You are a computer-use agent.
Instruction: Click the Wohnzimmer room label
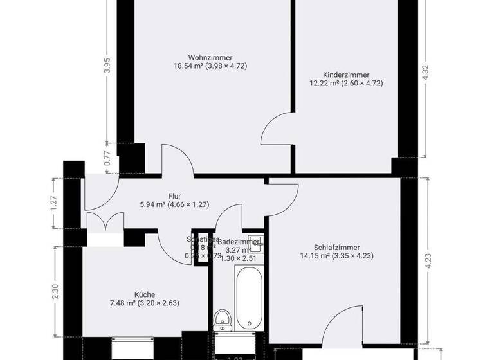pos(210,57)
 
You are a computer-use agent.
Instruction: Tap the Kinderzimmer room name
pos(346,74)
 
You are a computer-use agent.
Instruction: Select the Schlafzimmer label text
pos(336,247)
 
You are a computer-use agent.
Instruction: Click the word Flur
pos(174,197)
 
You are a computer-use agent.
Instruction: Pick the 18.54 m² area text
pos(188,66)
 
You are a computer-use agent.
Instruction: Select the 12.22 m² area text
pos(325,82)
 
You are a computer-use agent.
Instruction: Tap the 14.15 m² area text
pos(315,255)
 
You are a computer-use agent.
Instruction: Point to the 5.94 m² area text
pos(152,205)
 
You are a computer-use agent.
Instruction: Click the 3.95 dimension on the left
pos(107,67)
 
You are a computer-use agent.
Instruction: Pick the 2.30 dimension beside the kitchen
pos(56,292)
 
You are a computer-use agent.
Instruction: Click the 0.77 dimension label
pos(107,157)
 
